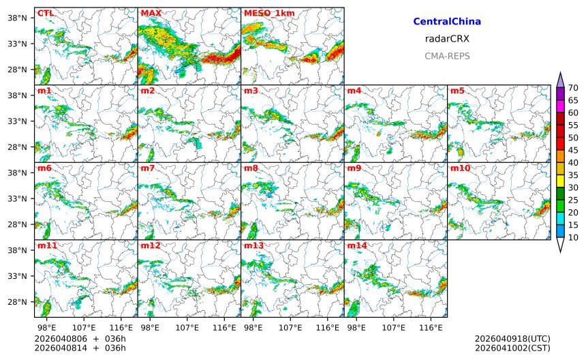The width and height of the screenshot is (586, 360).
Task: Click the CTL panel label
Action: pyautogui.click(x=46, y=13)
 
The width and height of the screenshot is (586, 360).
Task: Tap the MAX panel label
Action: pyautogui.click(x=151, y=13)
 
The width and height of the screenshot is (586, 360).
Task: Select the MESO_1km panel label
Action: pyautogui.click(x=266, y=13)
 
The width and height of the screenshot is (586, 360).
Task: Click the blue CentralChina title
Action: pyautogui.click(x=447, y=22)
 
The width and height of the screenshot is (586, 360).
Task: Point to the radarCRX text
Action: pyautogui.click(x=447, y=39)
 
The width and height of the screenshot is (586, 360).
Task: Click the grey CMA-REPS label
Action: pyautogui.click(x=447, y=56)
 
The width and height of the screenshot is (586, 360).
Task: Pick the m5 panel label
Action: pyautogui.click(x=457, y=91)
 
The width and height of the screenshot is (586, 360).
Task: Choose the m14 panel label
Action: pyautogui.click(x=357, y=245)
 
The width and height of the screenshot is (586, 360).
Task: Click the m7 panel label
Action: pyautogui.click(x=148, y=168)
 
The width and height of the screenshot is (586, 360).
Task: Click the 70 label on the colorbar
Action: pyautogui.click(x=573, y=88)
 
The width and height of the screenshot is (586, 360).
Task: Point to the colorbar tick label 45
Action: pyautogui.click(x=573, y=150)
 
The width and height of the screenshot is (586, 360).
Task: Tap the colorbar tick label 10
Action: pyautogui.click(x=573, y=237)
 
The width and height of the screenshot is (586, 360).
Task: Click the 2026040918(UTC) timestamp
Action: pyautogui.click(x=512, y=339)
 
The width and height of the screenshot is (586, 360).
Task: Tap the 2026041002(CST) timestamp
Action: pyautogui.click(x=512, y=348)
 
